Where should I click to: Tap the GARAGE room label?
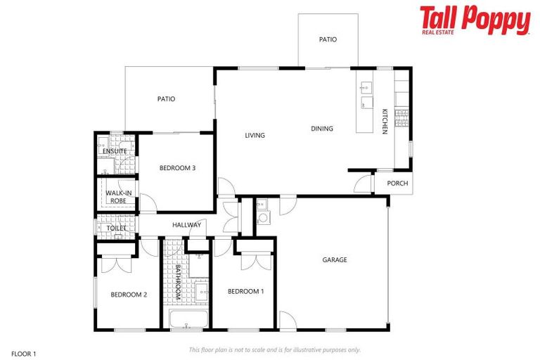tap(335, 260)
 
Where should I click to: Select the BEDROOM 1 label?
tap(245, 291)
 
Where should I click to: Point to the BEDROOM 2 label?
tap(129, 295)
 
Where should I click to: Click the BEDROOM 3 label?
tap(177, 167)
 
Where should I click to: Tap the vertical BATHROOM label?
tap(178, 283)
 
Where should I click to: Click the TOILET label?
tap(116, 229)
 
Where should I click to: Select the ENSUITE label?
tap(115, 151)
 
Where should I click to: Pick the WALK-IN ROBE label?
tap(117, 197)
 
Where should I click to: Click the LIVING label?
tap(255, 136)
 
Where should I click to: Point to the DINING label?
tap(322, 129)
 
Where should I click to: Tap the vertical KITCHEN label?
tap(385, 121)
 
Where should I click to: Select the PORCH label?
tap(397, 184)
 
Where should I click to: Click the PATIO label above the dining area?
tap(328, 39)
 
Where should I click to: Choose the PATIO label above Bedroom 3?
tap(166, 99)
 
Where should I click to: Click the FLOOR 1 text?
tap(24, 353)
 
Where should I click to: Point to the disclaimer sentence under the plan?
tap(275, 349)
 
